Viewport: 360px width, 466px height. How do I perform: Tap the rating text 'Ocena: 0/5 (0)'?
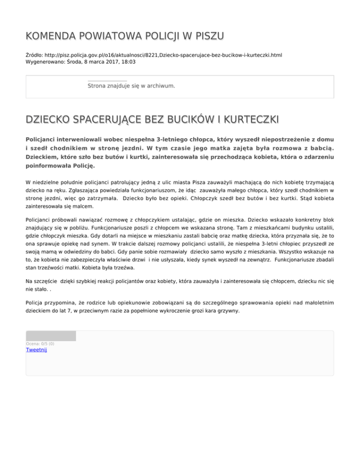pyautogui.click(x=40, y=344)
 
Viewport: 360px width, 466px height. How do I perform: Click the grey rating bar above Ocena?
pyautogui.click(x=51, y=336)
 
